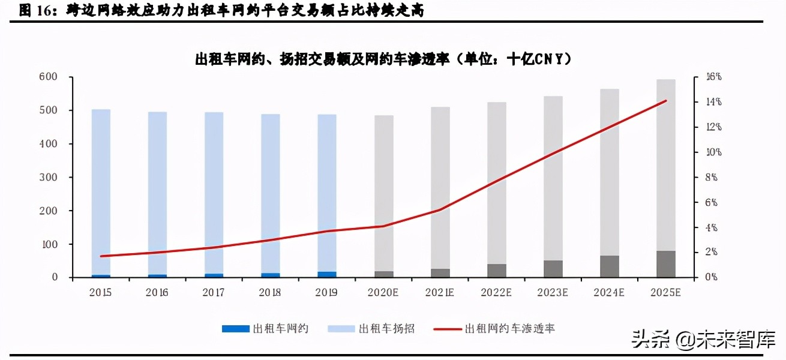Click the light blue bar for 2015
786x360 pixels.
(101, 192)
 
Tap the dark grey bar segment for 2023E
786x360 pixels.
(553, 269)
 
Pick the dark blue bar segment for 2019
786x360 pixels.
(327, 274)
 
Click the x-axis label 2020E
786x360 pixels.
(383, 292)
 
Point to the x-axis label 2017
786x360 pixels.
(214, 292)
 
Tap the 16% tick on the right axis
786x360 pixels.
(713, 77)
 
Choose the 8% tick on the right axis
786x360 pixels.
(712, 178)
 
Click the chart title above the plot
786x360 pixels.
(383, 59)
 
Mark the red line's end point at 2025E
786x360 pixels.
(665, 101)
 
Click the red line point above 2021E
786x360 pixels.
(440, 210)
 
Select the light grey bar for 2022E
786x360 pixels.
(496, 183)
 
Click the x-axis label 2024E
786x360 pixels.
(609, 292)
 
